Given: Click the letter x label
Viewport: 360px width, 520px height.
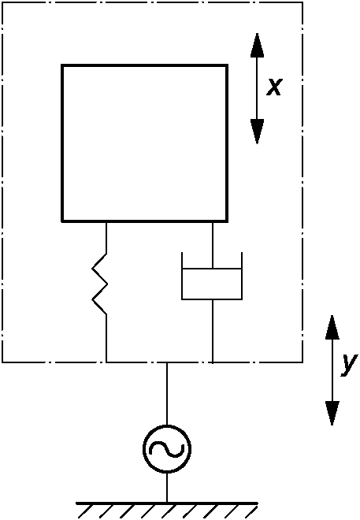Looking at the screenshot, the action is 274,87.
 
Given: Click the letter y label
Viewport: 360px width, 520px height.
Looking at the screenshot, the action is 350,365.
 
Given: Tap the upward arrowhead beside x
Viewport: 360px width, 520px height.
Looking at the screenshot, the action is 258,45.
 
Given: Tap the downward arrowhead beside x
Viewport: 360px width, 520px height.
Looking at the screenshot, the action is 258,132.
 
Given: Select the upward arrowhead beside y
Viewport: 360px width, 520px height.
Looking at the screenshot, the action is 332,327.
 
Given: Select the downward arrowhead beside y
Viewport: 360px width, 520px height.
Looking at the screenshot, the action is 332,413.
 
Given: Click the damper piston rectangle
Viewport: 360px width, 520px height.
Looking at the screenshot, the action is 212,284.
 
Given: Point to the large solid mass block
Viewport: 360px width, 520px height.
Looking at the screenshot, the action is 144,143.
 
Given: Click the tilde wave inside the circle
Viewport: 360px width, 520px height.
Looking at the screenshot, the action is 167,449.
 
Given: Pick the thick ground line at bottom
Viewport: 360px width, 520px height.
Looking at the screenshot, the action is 167,503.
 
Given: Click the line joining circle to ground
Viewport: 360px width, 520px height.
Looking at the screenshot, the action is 167,487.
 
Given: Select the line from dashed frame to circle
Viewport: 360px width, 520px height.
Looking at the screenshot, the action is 167,394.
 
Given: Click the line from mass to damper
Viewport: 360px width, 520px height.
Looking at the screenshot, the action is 213,245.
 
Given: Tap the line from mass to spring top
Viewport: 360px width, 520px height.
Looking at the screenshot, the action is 106,238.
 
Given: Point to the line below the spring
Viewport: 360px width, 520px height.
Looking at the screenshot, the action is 106,338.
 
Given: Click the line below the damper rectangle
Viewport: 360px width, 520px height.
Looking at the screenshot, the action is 213,331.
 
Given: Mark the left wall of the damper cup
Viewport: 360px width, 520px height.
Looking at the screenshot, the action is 182,276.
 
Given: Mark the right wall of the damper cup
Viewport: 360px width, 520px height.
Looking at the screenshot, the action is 242,276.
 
